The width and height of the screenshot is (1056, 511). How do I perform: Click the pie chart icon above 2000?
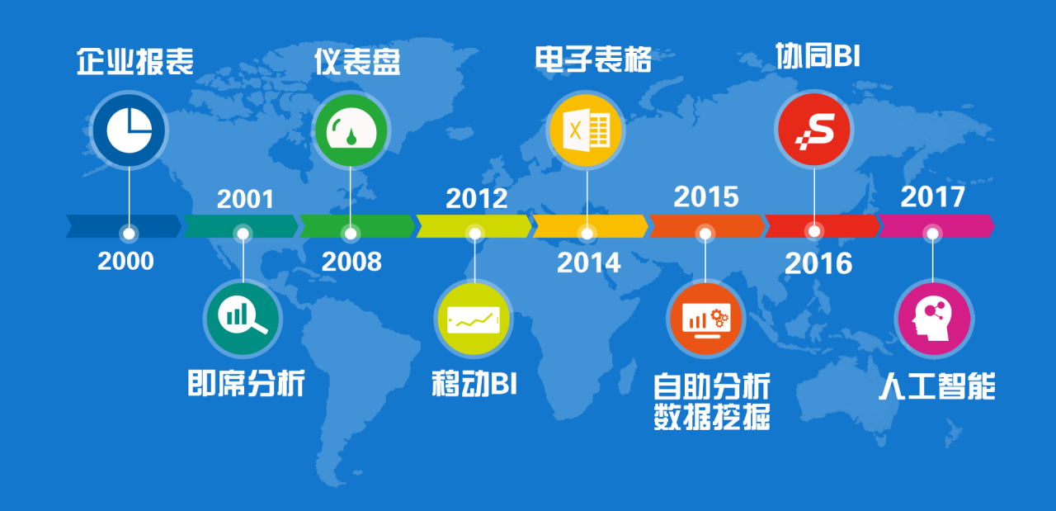pyautogui.click(x=129, y=130)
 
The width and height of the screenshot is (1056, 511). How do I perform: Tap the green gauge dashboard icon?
pyautogui.click(x=351, y=130)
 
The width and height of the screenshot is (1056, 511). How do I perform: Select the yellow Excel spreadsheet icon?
pyautogui.click(x=586, y=130)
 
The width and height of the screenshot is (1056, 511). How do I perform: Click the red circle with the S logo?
pyautogui.click(x=814, y=130)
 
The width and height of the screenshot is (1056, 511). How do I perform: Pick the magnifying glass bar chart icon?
pyautogui.click(x=243, y=319)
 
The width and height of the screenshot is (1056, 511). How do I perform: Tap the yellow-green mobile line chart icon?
pyautogui.click(x=474, y=319)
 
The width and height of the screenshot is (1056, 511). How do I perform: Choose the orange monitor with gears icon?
pyautogui.click(x=705, y=319)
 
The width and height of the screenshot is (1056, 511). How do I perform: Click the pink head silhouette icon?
pyautogui.click(x=934, y=319)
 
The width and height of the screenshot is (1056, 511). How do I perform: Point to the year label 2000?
pyautogui.click(x=126, y=261)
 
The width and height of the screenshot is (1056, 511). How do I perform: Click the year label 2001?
pyautogui.click(x=245, y=199)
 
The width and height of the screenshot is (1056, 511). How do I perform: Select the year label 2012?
pyautogui.click(x=477, y=198)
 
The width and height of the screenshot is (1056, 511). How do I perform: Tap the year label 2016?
pyautogui.click(x=818, y=263)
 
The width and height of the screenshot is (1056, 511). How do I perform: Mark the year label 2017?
pyautogui.click(x=932, y=196)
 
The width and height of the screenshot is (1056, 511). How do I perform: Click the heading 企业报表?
pyautogui.click(x=135, y=61)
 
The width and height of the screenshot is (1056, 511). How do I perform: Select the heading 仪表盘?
pyautogui.click(x=357, y=61)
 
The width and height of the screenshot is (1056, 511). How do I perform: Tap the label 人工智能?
pyautogui.click(x=937, y=386)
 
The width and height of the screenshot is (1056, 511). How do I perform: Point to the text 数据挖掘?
pyautogui.click(x=712, y=417)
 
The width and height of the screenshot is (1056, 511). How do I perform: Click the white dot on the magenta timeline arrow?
pyautogui.click(x=932, y=234)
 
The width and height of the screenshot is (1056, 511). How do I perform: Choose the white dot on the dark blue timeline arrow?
pyautogui.click(x=129, y=234)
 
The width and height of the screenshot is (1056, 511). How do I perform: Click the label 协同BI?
pyautogui.click(x=818, y=55)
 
